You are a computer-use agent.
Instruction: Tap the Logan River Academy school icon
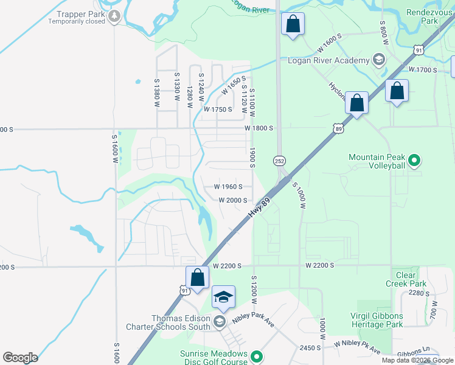pos(379,60)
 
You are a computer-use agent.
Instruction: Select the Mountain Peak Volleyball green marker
pos(414,161)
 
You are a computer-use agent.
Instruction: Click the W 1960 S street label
pos(228,187)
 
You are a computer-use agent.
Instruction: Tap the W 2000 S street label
pos(233,200)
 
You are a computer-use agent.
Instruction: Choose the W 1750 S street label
pos(218,109)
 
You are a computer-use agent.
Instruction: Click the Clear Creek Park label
pos(406,279)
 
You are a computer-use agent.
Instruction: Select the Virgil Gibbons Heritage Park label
pos(377,320)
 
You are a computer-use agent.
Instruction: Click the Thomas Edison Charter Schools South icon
pos(220,321)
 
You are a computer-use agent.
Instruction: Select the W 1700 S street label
pos(423,70)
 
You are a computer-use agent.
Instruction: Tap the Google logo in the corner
pos(20,358)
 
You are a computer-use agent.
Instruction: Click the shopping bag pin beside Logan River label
pos(293,25)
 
